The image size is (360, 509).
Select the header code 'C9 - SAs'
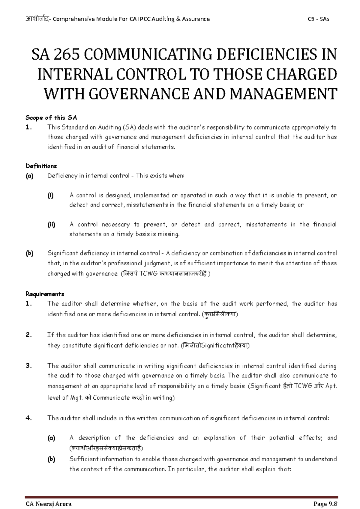coord(319,19)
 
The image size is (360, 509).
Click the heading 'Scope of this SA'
coord(52,118)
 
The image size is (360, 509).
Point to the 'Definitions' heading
coord(41,166)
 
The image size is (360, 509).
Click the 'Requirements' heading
coord(45,294)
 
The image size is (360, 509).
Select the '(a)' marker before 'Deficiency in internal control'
coord(30,176)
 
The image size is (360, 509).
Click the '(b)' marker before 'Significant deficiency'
coord(30,253)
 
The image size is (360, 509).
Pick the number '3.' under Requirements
coord(29,366)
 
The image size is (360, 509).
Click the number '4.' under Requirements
coord(29,418)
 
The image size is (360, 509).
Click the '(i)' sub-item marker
coord(50,195)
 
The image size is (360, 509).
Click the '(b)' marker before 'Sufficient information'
coord(51,459)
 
